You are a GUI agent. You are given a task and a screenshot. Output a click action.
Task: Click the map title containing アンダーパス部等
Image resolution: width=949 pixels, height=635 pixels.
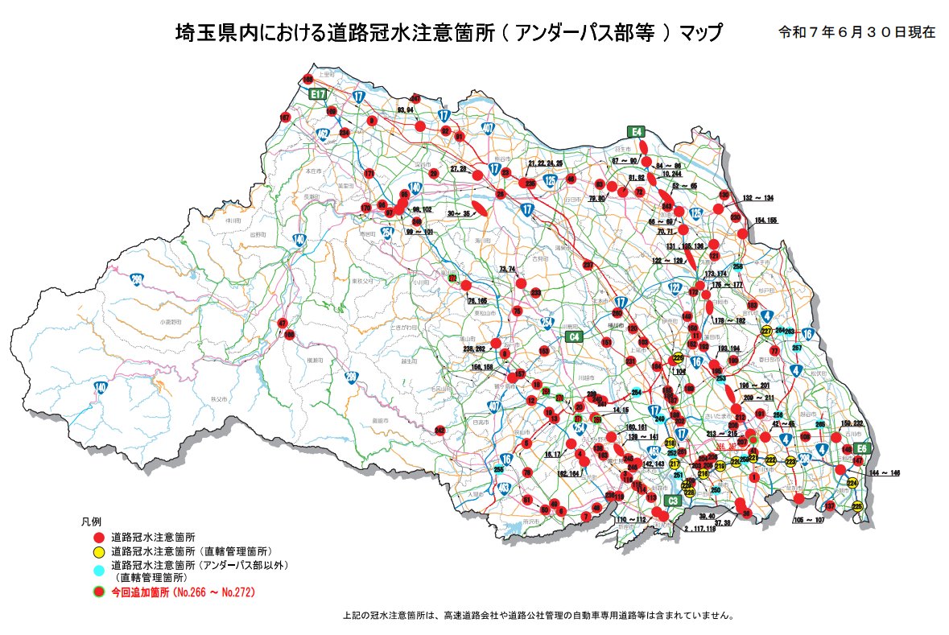[x=448, y=34]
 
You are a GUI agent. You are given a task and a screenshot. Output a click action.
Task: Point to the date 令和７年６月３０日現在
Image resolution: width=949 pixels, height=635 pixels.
[x=856, y=33]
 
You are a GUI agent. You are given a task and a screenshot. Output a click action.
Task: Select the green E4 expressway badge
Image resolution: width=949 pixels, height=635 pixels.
[x=636, y=131]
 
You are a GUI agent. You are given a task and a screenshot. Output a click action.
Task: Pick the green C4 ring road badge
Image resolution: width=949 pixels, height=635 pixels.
[x=573, y=336]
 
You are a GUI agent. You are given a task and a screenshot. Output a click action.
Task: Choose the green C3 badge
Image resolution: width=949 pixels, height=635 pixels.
[x=674, y=501]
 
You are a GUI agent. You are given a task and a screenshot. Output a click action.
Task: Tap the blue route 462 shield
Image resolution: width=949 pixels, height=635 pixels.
[x=323, y=134]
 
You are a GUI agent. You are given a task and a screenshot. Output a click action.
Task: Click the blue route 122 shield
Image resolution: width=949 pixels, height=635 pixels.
[x=675, y=288]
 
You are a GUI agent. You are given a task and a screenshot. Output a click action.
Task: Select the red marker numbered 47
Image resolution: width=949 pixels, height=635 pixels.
[x=282, y=324]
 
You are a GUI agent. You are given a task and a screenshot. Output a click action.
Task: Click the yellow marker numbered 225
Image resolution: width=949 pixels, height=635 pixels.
[x=857, y=506]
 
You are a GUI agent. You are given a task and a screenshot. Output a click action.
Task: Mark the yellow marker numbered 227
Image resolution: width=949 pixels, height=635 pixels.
[x=766, y=331]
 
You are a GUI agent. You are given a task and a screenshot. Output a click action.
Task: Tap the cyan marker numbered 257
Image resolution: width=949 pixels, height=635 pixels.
[x=797, y=348]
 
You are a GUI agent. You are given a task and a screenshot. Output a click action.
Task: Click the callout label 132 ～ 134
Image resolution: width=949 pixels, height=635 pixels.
[x=757, y=197]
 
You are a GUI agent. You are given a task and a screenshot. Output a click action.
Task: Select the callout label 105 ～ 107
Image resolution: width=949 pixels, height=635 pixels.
[x=809, y=520]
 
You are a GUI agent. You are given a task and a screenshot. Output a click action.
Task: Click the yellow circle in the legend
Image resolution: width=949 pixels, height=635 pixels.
[x=98, y=551]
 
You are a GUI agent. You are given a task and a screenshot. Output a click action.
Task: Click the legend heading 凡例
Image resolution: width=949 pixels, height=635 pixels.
[x=89, y=522]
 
